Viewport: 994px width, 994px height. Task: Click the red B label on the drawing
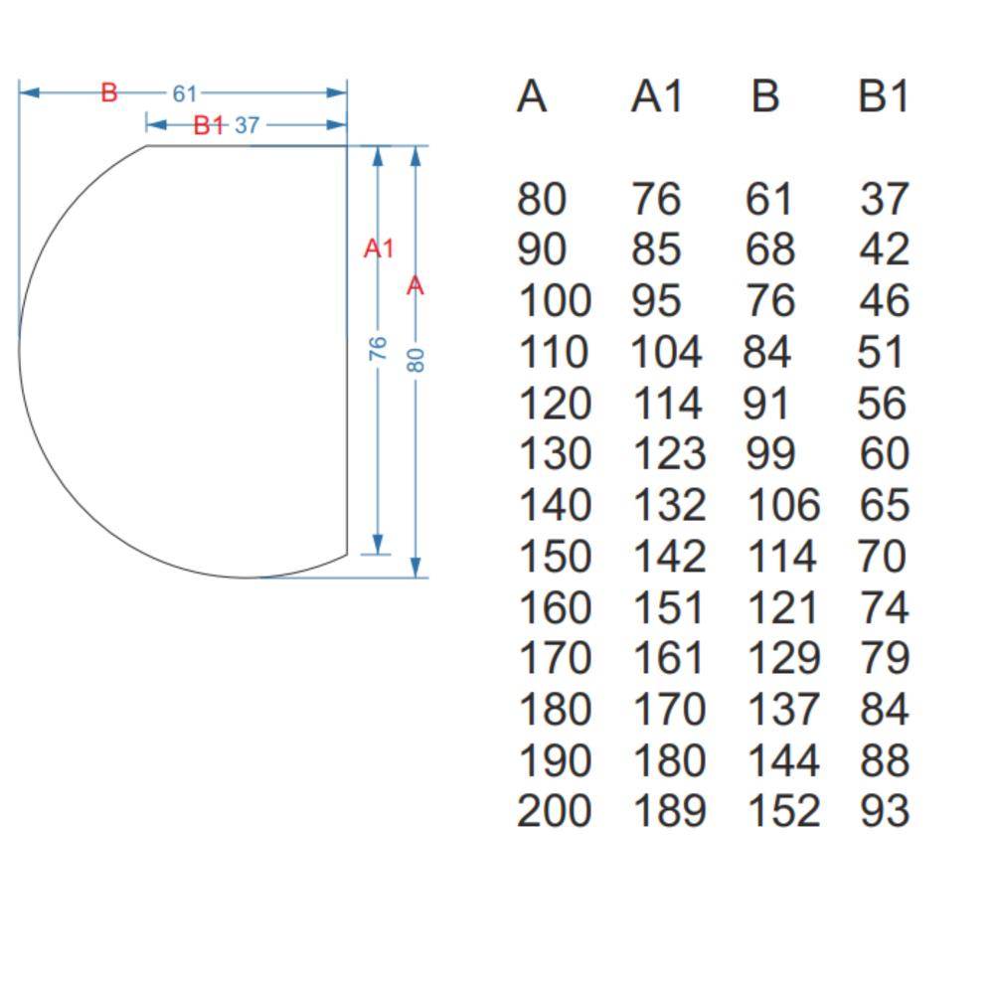(109, 93)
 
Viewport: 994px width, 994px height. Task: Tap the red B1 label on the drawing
(209, 125)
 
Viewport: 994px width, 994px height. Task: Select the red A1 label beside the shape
(379, 248)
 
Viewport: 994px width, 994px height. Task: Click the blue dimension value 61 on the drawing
(185, 93)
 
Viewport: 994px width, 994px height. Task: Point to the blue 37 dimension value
(247, 125)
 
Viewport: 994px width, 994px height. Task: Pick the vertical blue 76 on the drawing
(378, 348)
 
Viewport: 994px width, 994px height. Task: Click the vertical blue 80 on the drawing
(416, 359)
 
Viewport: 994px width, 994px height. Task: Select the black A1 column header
(658, 97)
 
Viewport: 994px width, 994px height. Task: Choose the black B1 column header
(884, 97)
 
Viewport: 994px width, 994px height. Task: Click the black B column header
(765, 97)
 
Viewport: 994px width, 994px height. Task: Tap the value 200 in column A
(555, 811)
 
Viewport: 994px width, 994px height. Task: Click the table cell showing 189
(670, 811)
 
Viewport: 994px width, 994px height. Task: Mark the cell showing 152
(783, 811)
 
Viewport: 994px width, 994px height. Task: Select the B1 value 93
(885, 811)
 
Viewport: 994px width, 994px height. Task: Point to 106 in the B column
(783, 505)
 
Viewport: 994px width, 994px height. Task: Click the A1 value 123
(670, 454)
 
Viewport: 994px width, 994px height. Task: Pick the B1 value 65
(885, 505)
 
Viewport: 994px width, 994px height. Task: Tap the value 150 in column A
(555, 557)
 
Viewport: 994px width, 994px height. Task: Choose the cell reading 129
(783, 658)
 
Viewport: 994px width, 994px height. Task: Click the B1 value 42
(885, 249)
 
